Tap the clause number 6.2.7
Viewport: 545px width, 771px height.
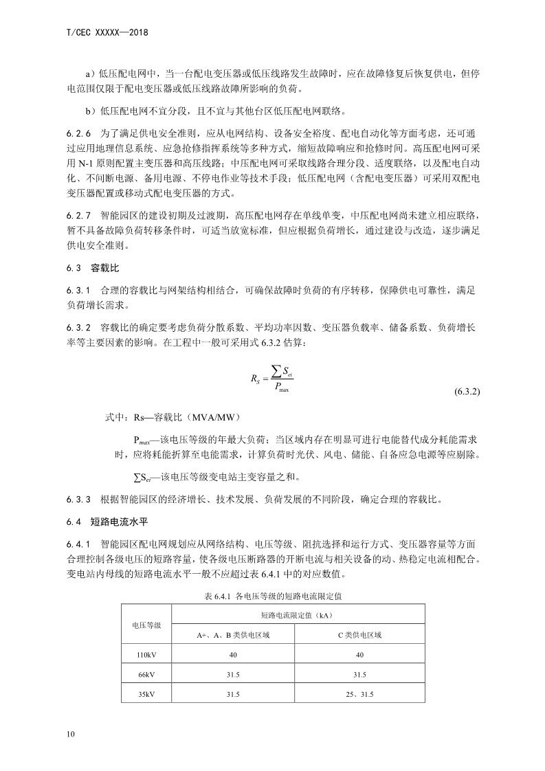(80, 216)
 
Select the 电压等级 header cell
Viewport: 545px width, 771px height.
(146, 625)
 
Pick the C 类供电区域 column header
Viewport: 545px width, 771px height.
(360, 635)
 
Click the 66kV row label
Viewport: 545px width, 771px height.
(146, 675)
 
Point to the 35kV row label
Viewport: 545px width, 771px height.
(146, 695)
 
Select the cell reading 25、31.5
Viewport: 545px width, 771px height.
(360, 695)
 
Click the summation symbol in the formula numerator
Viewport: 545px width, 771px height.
(276, 371)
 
